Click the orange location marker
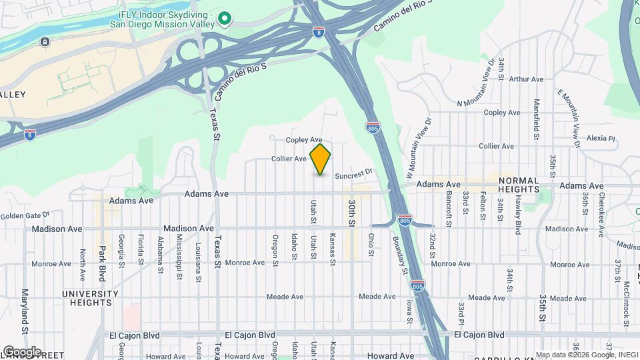pos(320,159)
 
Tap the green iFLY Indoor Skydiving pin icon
pos(225,18)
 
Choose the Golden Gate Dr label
pos(25,215)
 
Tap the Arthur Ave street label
pos(526,79)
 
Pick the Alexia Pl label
pos(601,139)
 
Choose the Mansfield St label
pos(537,119)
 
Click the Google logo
pos(22,351)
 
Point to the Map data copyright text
pos(586,355)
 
